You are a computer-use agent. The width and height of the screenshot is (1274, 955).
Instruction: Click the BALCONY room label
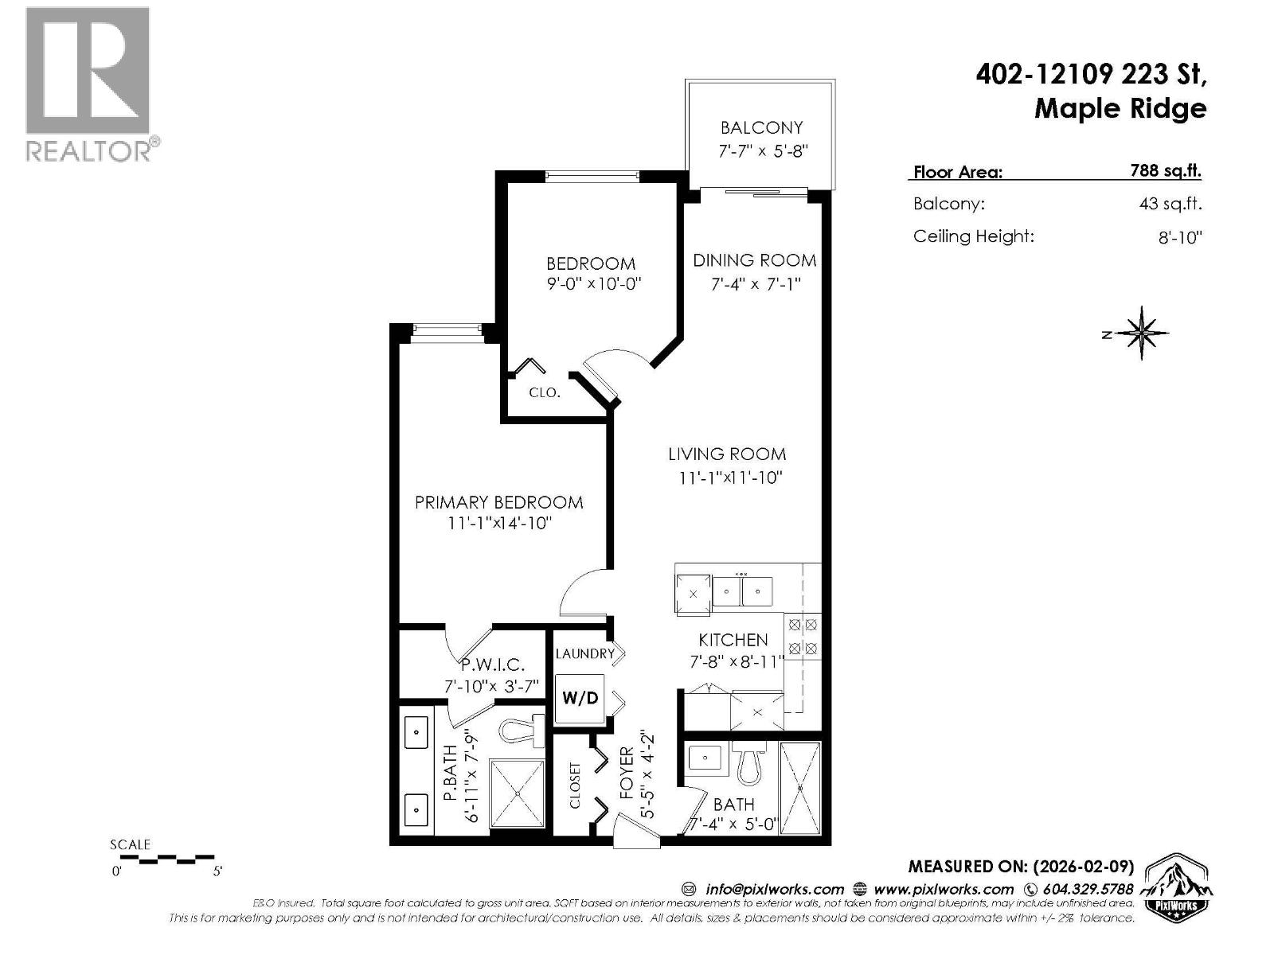pyautogui.click(x=761, y=127)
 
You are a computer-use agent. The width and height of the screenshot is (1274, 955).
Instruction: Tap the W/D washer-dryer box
pyautogui.click(x=580, y=699)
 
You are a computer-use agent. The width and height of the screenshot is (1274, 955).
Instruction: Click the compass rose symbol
pyautogui.click(x=1142, y=333)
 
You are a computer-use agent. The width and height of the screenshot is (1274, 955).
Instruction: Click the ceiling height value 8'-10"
pyautogui.click(x=1179, y=237)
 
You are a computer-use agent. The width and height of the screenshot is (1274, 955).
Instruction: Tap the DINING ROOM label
pyautogui.click(x=754, y=260)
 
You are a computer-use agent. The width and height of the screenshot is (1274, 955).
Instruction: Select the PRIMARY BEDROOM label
pyautogui.click(x=498, y=502)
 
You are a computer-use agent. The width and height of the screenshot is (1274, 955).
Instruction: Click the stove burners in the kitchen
pyautogui.click(x=803, y=637)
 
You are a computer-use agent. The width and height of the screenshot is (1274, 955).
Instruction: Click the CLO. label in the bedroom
pyautogui.click(x=545, y=392)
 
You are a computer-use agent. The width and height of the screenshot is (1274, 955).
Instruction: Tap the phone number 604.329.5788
pyautogui.click(x=1085, y=889)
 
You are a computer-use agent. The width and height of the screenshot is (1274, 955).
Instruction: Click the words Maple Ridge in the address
pyautogui.click(x=1120, y=108)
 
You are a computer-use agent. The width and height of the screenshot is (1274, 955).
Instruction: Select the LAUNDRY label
pyautogui.click(x=584, y=653)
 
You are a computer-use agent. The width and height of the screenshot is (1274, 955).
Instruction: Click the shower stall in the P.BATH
pyautogui.click(x=518, y=793)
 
